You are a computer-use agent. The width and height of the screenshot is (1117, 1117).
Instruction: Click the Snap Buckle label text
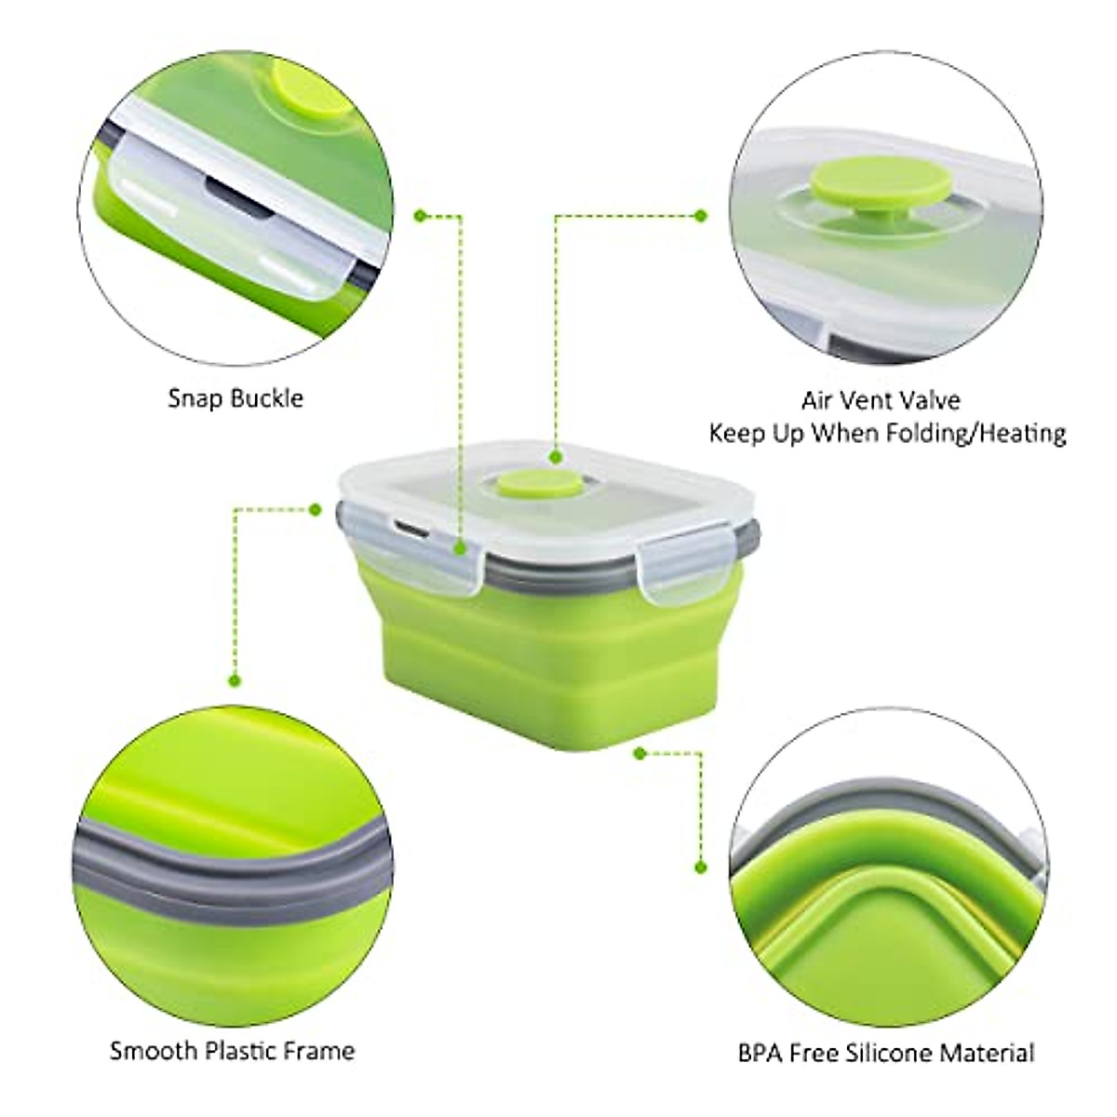pyautogui.click(x=236, y=398)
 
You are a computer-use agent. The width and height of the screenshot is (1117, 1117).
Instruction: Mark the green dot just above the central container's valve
pyautogui.click(x=556, y=457)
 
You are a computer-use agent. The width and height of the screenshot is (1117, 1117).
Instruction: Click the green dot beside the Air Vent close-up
pyautogui.click(x=701, y=216)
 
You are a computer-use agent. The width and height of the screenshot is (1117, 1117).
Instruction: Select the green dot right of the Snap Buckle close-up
pyautogui.click(x=420, y=216)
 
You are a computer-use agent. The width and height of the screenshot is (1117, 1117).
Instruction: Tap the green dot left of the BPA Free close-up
pyautogui.click(x=701, y=867)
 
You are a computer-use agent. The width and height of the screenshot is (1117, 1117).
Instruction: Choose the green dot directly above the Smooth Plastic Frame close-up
pyautogui.click(x=236, y=680)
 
